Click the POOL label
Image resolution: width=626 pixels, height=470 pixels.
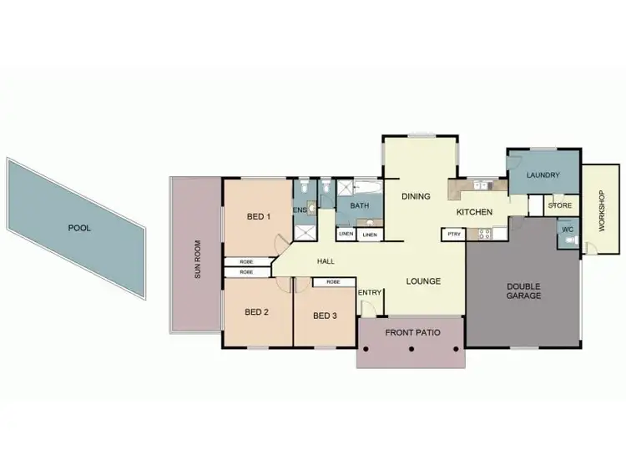click(x=80, y=227)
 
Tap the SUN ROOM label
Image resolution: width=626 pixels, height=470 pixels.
click(x=199, y=260)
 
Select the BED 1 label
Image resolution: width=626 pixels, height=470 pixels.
click(x=259, y=217)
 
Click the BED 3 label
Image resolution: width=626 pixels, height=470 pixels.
click(x=325, y=316)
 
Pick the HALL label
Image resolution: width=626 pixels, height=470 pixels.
click(x=326, y=261)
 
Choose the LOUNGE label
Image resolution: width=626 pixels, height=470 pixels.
click(x=423, y=281)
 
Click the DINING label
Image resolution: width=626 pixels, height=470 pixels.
click(x=416, y=197)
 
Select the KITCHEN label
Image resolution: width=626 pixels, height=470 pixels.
click(x=473, y=212)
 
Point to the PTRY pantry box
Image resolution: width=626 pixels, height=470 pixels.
click(x=454, y=235)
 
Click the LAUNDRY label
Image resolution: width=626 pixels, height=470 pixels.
click(x=543, y=175)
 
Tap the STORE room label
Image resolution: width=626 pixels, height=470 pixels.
click(x=560, y=205)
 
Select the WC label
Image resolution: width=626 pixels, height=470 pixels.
click(x=567, y=228)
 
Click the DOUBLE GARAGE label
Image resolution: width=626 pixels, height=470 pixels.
click(x=523, y=291)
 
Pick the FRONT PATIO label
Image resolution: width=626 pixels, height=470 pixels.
click(x=411, y=333)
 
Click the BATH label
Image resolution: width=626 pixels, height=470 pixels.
click(x=360, y=206)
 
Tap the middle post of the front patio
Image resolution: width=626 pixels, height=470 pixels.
click(x=411, y=350)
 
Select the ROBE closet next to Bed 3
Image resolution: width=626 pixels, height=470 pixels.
click(x=333, y=282)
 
